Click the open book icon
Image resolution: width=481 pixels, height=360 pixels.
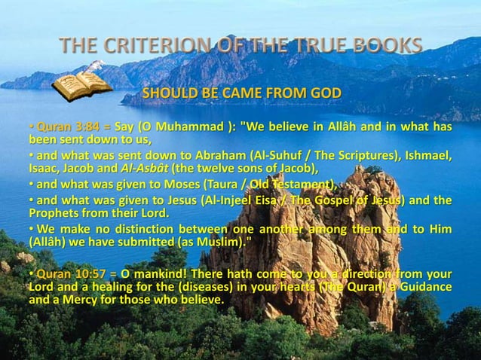click(x=82, y=83)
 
